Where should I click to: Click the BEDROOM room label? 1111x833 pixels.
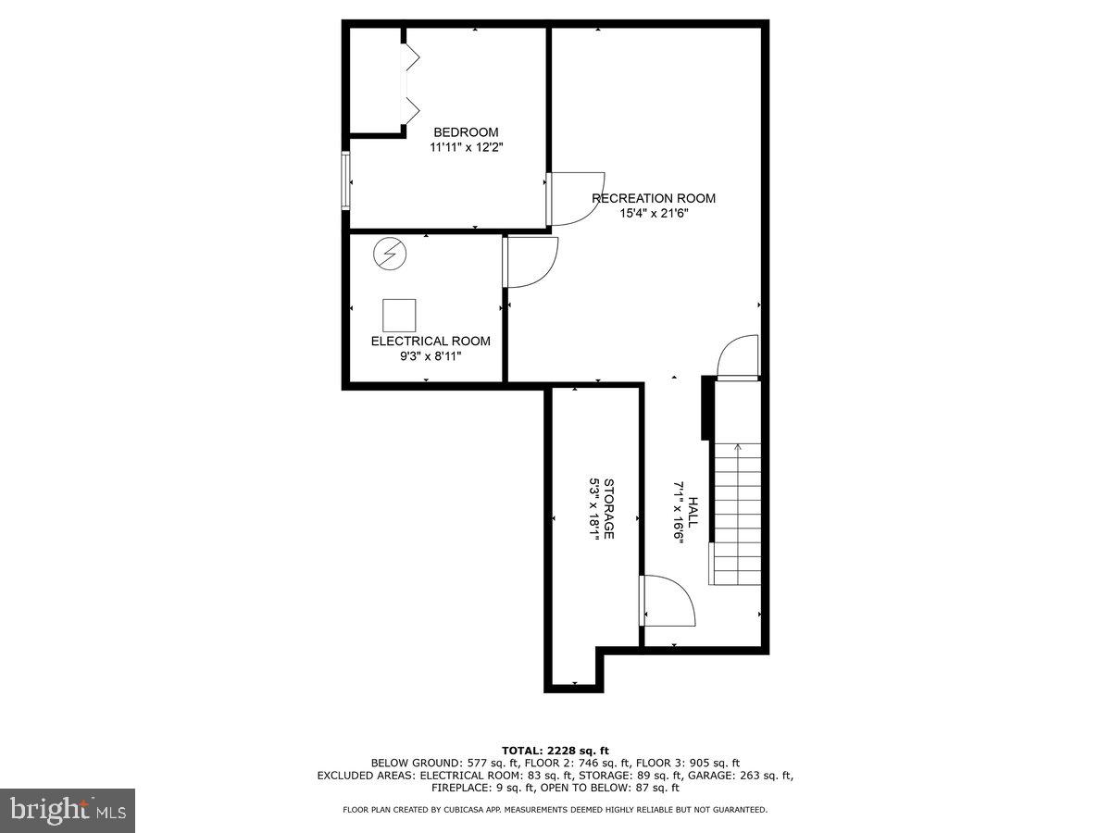point(466,132)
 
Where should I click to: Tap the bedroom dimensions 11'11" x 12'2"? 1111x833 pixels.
point(466,147)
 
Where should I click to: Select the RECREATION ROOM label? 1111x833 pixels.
point(654,198)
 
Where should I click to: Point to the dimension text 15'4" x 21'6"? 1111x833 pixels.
point(654,213)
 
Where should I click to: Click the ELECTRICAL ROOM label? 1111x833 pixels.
point(431,341)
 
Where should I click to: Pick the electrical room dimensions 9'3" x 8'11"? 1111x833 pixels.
point(431,355)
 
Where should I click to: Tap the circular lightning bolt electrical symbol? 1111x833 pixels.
point(389,254)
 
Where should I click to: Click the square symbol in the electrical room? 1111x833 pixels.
point(399,316)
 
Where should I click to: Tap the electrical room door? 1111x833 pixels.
point(531,262)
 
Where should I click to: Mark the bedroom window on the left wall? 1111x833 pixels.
point(345,181)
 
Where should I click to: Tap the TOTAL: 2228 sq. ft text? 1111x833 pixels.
point(555,750)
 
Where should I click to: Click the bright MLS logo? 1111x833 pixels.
point(68,811)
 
